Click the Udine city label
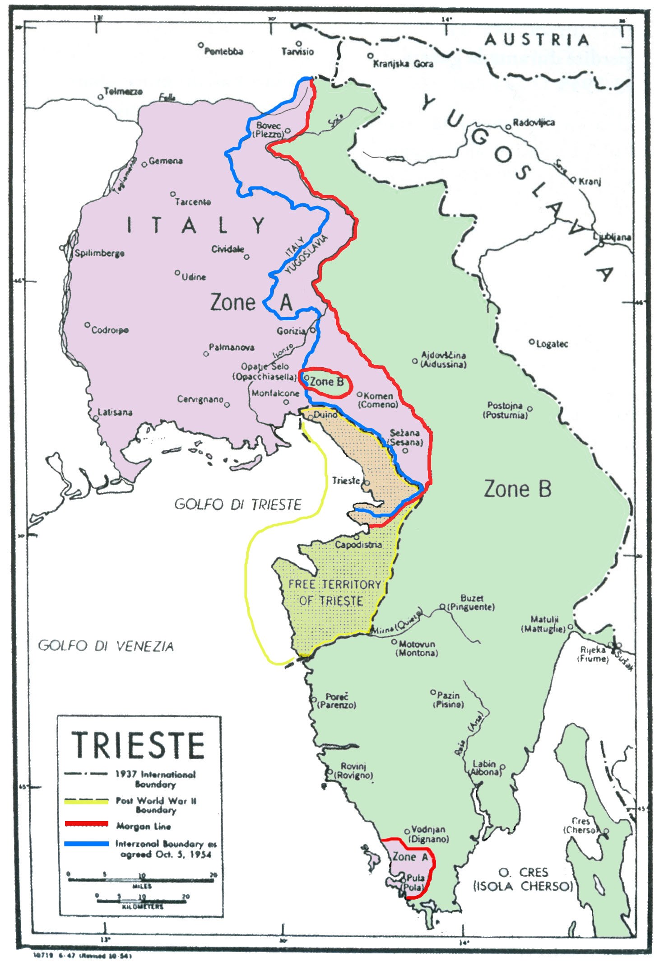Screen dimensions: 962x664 pyautogui.click(x=193, y=277)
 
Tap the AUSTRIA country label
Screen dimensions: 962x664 pyautogui.click(x=537, y=40)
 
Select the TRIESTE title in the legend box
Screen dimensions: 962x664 pyautogui.click(x=139, y=745)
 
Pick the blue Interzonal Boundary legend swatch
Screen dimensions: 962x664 pyautogui.click(x=87, y=844)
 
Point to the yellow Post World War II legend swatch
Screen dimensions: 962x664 pyautogui.click(x=87, y=801)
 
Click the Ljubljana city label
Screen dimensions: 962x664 pyautogui.click(x=612, y=237)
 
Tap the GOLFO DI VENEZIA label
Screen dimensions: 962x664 pyautogui.click(x=106, y=646)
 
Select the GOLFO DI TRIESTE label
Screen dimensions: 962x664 pyautogui.click(x=237, y=504)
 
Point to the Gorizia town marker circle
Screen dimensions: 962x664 pyautogui.click(x=312, y=330)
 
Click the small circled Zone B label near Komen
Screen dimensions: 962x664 pyautogui.click(x=326, y=382)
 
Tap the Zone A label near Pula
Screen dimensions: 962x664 pyautogui.click(x=410, y=857)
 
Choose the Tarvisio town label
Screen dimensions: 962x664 pyautogui.click(x=297, y=51)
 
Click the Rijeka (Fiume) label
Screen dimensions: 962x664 pyautogui.click(x=593, y=654)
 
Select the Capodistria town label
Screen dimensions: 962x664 pyautogui.click(x=358, y=545)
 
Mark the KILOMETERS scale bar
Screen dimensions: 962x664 pyautogui.click(x=142, y=901)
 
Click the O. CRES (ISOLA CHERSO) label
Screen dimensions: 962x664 pyautogui.click(x=523, y=879)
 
